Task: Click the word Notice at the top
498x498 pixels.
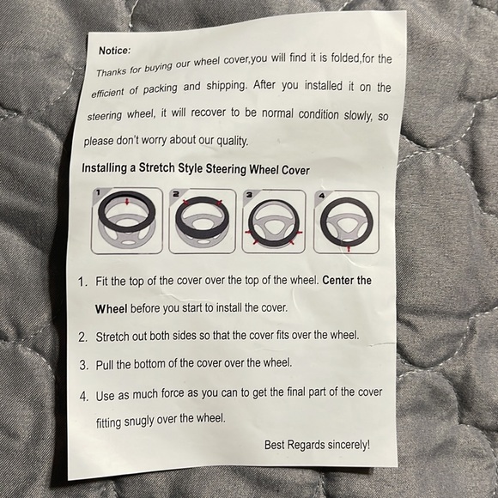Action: click(x=114, y=51)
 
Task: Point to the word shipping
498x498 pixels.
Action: click(x=226, y=86)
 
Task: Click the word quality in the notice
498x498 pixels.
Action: click(x=232, y=141)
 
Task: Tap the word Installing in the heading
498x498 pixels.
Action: click(x=104, y=167)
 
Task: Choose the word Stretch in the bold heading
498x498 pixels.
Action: click(x=156, y=167)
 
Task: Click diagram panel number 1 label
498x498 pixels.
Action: click(x=98, y=192)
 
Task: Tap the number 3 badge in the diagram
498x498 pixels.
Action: click(x=249, y=195)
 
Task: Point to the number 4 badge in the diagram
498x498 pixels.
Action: click(x=322, y=196)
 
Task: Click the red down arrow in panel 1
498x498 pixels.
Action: click(x=127, y=201)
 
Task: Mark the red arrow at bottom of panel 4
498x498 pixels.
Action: click(x=349, y=248)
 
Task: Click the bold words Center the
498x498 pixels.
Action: click(x=347, y=281)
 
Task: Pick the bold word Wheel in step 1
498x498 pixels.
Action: click(x=111, y=309)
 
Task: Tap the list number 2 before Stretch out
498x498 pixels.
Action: click(x=82, y=337)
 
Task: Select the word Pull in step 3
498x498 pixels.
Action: click(x=105, y=365)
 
